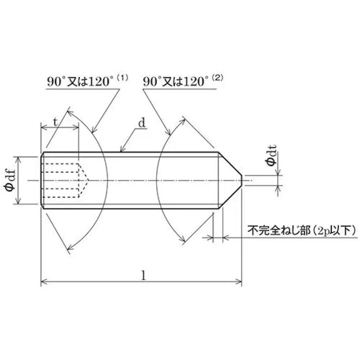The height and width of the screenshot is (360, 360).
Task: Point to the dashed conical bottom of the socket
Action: tap(83, 180)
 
